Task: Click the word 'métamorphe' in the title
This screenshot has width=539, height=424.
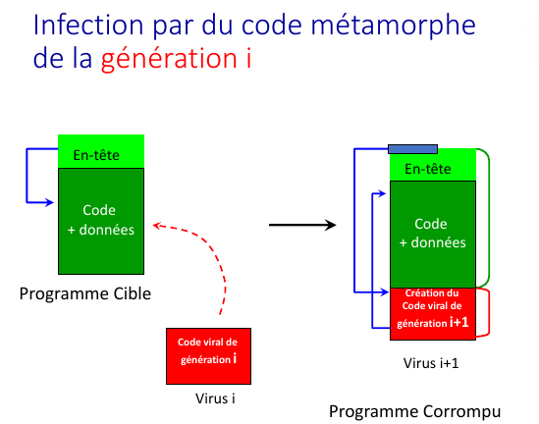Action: (393, 25)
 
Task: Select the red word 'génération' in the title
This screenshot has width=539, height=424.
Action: (169, 60)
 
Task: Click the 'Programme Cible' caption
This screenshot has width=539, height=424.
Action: (84, 293)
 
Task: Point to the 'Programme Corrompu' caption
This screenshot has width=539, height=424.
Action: (414, 411)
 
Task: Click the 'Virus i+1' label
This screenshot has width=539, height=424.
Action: (431, 363)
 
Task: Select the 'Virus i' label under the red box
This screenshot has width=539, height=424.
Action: (215, 398)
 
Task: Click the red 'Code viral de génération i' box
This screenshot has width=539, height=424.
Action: (209, 356)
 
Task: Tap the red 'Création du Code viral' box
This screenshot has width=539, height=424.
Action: (433, 314)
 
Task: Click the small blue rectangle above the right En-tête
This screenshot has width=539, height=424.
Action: (412, 149)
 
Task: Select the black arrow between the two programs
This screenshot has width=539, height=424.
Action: (302, 225)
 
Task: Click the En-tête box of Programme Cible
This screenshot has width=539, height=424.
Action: (101, 151)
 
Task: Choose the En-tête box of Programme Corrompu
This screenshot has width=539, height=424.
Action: (433, 165)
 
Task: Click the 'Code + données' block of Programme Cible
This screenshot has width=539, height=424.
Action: (101, 221)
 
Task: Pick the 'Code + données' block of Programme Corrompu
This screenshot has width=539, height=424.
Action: (433, 235)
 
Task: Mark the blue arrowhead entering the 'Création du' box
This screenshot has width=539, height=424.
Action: (385, 292)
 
